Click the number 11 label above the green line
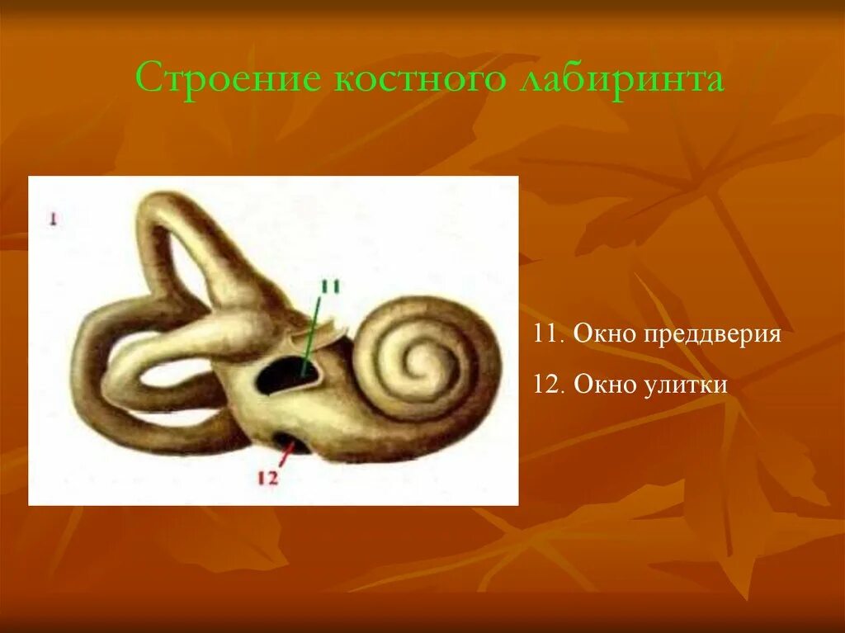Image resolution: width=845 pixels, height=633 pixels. [x=330, y=287]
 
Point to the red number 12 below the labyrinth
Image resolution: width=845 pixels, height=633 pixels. [x=268, y=477]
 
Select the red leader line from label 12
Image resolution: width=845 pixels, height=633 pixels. [x=285, y=453]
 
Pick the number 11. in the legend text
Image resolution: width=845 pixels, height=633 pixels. [x=547, y=335]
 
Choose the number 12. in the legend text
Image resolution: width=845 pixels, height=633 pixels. [x=547, y=385]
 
